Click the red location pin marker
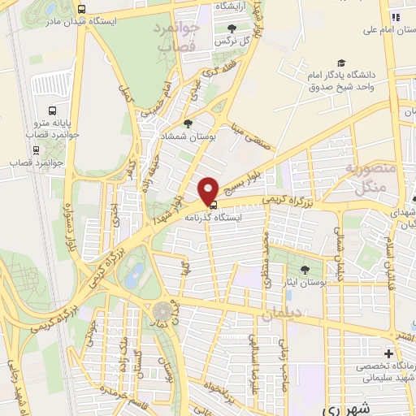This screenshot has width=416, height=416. pyautogui.click(x=208, y=190)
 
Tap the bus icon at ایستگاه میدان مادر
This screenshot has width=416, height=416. pyautogui.click(x=80, y=8)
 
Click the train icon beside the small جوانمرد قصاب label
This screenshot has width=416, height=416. pyautogui.click(x=36, y=149)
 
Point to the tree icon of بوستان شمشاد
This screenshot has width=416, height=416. pyautogui.click(x=188, y=123)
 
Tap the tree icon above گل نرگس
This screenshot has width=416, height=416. pyautogui.click(x=232, y=28)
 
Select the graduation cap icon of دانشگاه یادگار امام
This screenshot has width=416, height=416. pyautogui.click(x=340, y=63)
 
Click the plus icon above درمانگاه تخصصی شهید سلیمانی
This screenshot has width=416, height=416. pyautogui.click(x=388, y=354)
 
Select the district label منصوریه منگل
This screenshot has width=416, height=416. pyautogui.click(x=370, y=180)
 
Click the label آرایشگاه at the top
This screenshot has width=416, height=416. pyautogui.click(x=232, y=6)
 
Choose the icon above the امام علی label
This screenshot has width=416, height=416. pyautogui.click(x=396, y=17)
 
